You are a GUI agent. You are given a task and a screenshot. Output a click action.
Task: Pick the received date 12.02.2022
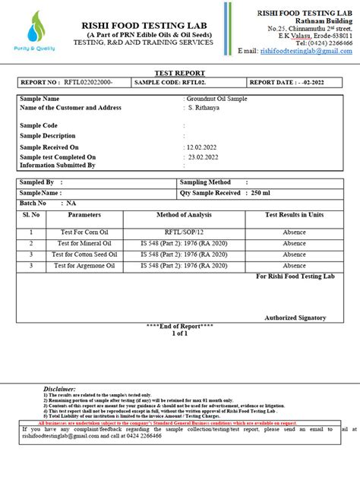pyautogui.click(x=203, y=147)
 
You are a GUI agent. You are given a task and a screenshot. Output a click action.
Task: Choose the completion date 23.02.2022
pyautogui.click(x=203, y=156)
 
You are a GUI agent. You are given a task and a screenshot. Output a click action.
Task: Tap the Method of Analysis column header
pyautogui.click(x=184, y=216)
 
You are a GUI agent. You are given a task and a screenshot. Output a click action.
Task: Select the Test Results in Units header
pyautogui.click(x=294, y=216)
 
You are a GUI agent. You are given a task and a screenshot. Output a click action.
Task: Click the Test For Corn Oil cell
pyautogui.click(x=84, y=232)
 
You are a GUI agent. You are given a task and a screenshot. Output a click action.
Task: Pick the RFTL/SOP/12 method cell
pyautogui.click(x=184, y=232)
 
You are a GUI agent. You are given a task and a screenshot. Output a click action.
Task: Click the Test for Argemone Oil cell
pyautogui.click(x=84, y=266)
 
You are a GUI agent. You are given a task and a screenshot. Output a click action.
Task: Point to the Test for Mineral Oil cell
pyautogui.click(x=84, y=244)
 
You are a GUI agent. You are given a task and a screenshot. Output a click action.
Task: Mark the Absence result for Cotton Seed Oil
pyautogui.click(x=294, y=254)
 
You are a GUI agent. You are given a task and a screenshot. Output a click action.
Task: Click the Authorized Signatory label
pyautogui.click(x=295, y=317)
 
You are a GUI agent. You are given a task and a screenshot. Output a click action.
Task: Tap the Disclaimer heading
pyautogui.click(x=59, y=388)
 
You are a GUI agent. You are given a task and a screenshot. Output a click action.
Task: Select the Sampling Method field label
pyautogui.click(x=205, y=182)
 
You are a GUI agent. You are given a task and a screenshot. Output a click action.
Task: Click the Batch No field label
pyautogui.click(x=33, y=204)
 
